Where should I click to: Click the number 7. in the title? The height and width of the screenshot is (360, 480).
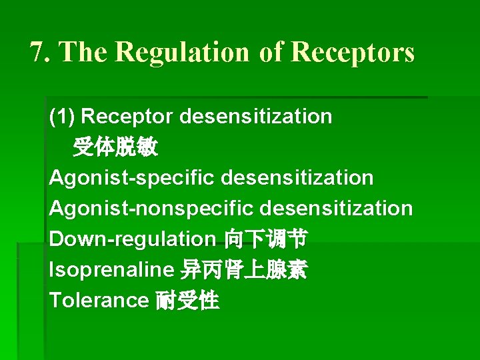click(41, 52)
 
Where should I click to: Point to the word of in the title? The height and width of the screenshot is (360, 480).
click(271, 52)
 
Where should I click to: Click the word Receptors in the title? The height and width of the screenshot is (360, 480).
click(353, 52)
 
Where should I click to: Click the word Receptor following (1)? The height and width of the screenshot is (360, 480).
click(127, 117)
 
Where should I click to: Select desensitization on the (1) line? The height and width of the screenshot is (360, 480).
click(255, 117)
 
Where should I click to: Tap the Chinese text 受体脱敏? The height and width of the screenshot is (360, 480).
click(115, 147)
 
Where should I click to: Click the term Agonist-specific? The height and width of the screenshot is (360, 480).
click(131, 178)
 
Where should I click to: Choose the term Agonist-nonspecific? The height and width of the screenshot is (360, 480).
click(151, 209)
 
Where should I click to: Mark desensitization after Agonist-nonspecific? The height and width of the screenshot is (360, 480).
click(336, 209)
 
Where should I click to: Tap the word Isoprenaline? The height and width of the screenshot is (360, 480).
click(111, 270)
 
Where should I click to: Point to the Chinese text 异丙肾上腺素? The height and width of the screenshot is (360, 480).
click(244, 270)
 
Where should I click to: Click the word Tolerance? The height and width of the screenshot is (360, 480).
click(98, 301)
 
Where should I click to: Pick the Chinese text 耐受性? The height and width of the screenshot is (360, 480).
click(187, 301)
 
